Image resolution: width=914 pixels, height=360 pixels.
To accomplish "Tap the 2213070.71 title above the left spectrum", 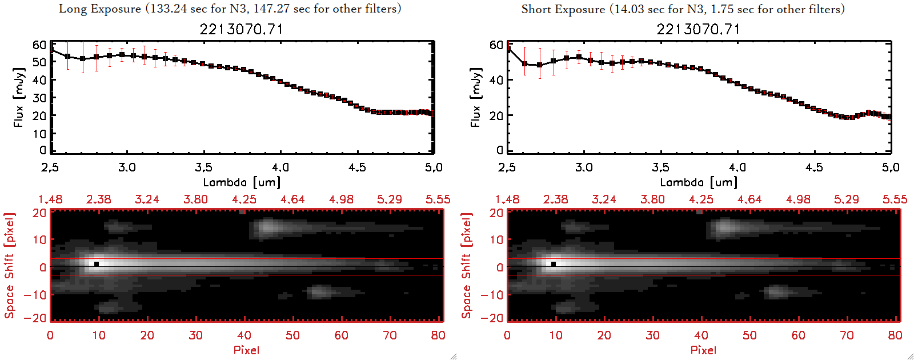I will (x=241, y=29).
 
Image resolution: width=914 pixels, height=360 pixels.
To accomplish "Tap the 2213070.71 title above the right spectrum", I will (x=698, y=29).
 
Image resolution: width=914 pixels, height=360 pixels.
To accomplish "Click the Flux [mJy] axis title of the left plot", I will (x=19, y=97).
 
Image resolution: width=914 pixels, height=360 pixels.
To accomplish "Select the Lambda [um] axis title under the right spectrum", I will (x=699, y=182).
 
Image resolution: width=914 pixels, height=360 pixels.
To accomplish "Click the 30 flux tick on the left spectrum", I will (x=39, y=98).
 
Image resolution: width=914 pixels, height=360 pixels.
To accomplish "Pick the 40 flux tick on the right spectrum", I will (x=496, y=80).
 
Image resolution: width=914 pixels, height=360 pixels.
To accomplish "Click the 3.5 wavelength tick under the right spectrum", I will (x=660, y=167).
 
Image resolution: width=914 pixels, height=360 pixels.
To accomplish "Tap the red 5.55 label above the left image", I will (x=438, y=199).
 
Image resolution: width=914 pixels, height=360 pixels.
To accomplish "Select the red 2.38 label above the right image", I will (x=555, y=199).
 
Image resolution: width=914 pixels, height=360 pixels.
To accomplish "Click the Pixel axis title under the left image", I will (x=246, y=350).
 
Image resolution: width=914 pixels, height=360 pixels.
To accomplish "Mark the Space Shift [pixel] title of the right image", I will (x=467, y=266).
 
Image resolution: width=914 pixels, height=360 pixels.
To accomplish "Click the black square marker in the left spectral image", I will (x=97, y=264).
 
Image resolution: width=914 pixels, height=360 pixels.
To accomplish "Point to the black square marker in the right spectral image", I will (x=554, y=264).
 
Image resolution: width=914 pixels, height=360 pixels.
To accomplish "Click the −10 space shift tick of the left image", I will (x=35, y=295).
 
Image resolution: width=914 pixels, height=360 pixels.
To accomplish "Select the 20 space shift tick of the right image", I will (x=496, y=213).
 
